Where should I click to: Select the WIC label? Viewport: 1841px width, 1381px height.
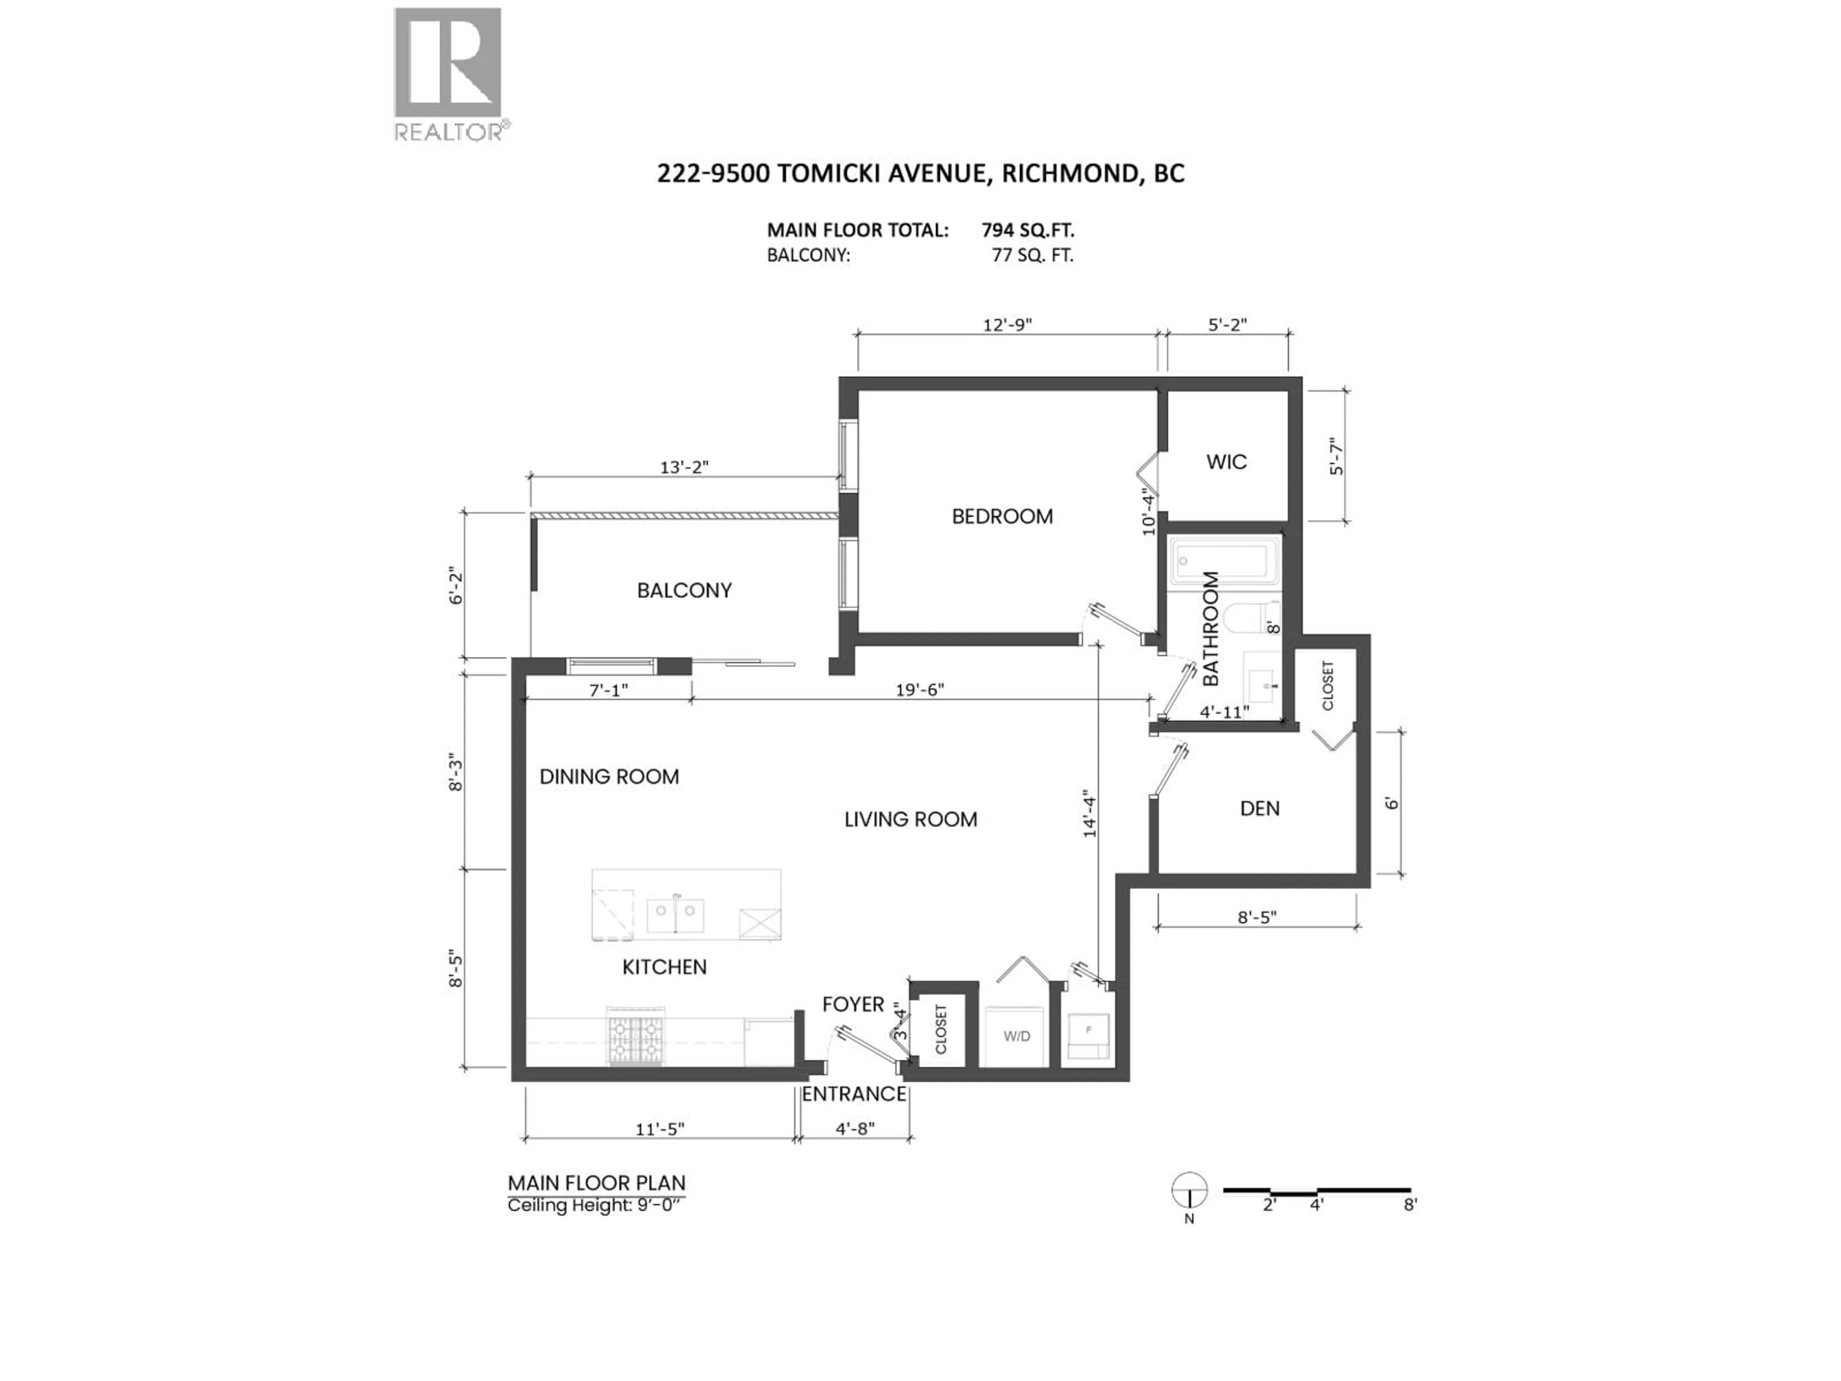pyautogui.click(x=1226, y=462)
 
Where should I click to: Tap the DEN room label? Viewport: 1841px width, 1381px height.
pyautogui.click(x=1259, y=808)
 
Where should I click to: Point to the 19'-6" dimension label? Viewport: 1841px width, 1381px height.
pyautogui.click(x=920, y=690)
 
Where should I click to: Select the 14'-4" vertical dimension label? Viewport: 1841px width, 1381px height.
pyautogui.click(x=1089, y=816)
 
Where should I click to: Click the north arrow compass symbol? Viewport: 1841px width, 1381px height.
pyautogui.click(x=1190, y=1190)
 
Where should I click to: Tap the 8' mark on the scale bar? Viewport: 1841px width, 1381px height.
pyautogui.click(x=1409, y=1205)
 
